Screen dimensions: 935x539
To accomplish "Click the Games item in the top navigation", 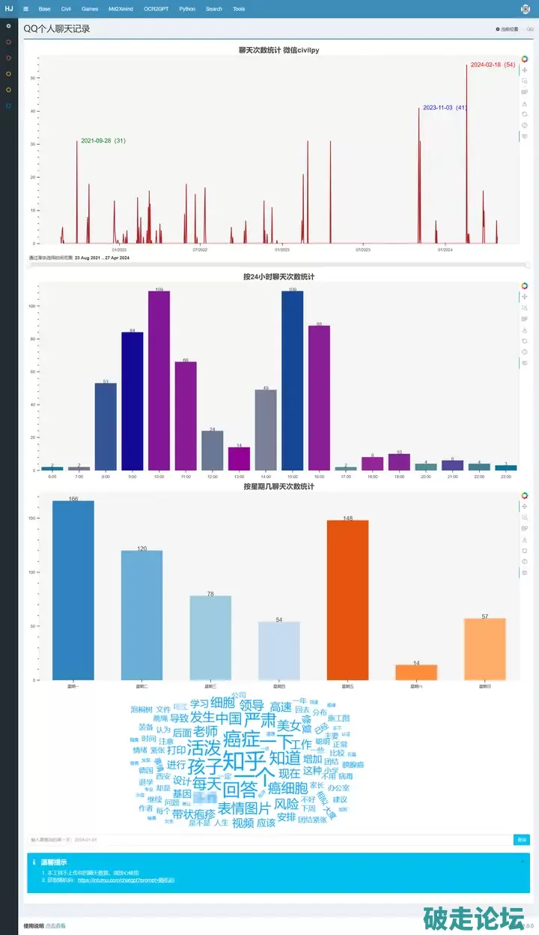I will coord(90,9).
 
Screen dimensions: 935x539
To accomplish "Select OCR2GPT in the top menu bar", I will coord(156,9).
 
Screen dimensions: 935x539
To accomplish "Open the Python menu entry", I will coord(187,9).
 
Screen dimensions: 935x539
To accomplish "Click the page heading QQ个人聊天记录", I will coord(56,28).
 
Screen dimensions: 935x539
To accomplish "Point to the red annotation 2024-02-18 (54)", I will coord(493,65).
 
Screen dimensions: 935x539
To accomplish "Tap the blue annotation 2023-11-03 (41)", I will coord(445,108).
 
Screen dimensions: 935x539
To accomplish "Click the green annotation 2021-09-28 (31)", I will coord(103,141).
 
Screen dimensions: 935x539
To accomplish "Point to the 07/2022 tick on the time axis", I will coord(200,249).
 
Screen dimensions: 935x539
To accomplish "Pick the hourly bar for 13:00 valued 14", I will coord(239,459).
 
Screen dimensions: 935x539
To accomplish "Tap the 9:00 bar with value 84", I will coord(133,401).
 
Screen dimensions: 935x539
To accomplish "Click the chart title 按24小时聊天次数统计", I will coord(278,276).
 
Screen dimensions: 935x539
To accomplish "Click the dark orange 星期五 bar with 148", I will coord(347,599).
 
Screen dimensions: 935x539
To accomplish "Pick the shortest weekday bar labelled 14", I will coord(416,672).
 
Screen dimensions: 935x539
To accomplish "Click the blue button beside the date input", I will coord(521,840).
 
